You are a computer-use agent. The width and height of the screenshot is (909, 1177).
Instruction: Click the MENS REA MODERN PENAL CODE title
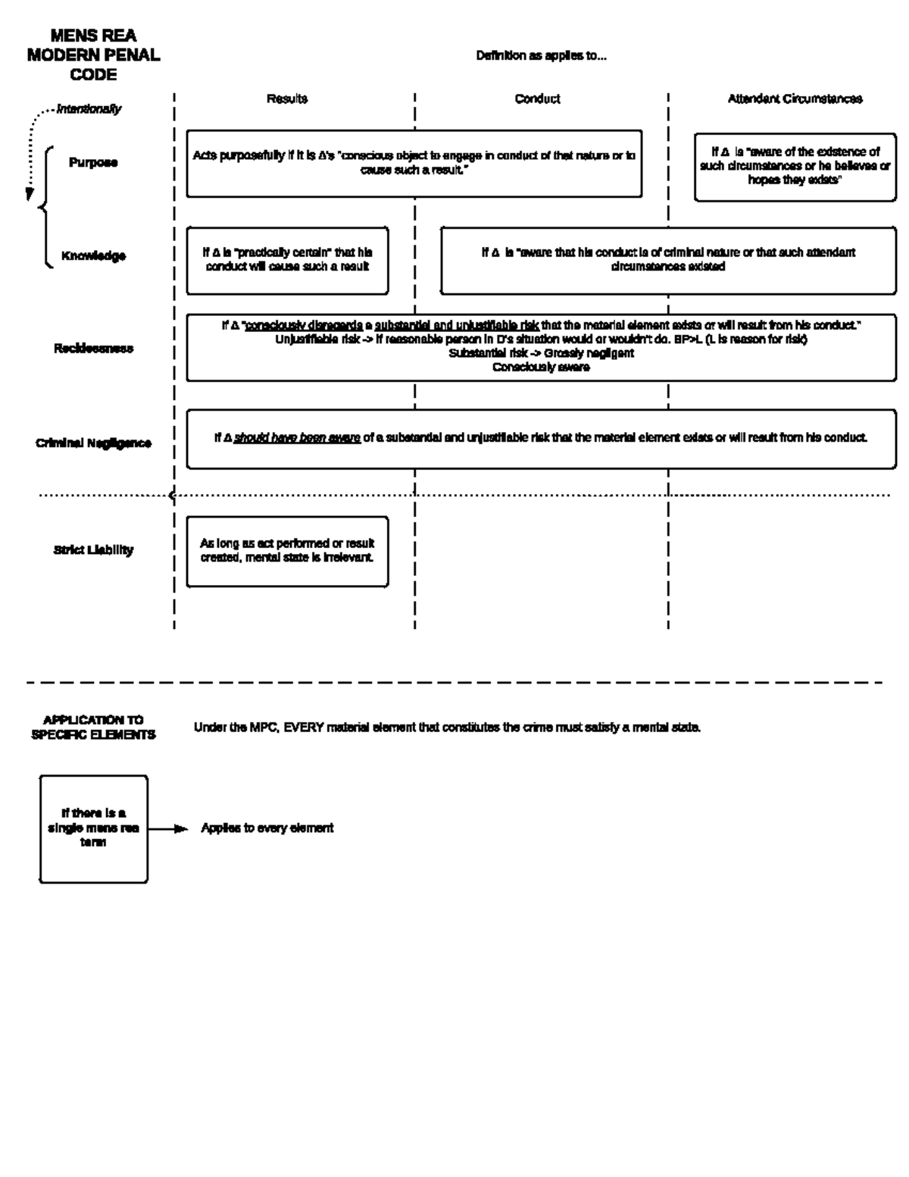tap(93, 55)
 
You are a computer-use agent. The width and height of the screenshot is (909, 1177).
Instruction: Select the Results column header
tap(286, 99)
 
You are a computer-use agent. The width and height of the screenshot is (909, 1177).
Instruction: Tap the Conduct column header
tap(537, 99)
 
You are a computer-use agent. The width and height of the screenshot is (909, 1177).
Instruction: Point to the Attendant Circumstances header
tap(795, 99)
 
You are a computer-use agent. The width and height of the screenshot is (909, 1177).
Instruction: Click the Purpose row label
tap(93, 163)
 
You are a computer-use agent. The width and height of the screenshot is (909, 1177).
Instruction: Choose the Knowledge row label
tap(93, 256)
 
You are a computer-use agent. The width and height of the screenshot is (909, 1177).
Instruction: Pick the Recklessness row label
tap(93, 349)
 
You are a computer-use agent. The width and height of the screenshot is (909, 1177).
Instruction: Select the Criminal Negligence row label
tap(93, 443)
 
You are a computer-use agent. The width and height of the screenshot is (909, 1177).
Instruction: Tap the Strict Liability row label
tap(93, 550)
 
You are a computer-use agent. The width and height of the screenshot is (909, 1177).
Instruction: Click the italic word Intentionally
tap(89, 109)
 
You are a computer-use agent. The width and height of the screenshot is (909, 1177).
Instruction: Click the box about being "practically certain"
tap(287, 260)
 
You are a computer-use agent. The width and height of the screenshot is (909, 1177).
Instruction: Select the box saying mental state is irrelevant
tap(287, 551)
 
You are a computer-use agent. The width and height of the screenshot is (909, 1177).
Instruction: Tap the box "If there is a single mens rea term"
tap(93, 828)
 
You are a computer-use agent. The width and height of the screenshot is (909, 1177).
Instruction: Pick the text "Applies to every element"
tap(267, 828)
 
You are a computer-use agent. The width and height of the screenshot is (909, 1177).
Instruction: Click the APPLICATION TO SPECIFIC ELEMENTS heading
tap(93, 728)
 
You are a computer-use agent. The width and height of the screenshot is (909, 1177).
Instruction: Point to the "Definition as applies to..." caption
tap(541, 56)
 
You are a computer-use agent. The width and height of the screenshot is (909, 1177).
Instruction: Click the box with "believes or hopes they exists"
tap(795, 167)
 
